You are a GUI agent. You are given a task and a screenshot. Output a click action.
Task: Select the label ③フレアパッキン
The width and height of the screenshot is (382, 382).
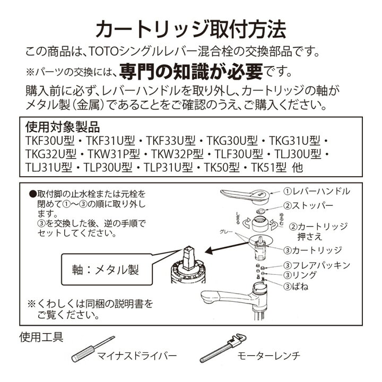click(316, 264)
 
